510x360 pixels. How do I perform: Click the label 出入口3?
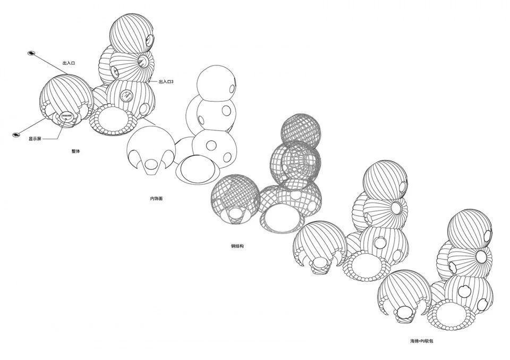coord(166,82)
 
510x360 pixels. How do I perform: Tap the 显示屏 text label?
coord(35,139)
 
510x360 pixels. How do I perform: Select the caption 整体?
coord(76,151)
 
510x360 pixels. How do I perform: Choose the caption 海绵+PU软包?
coord(422,341)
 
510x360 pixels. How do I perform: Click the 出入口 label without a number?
coord(69,63)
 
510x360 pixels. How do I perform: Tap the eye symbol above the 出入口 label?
coord(31,53)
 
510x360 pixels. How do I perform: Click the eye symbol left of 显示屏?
coord(15,135)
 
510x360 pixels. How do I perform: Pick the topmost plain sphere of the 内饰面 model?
coord(216,83)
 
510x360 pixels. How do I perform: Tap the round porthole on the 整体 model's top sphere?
coord(150,40)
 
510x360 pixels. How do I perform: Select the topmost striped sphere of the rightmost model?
coord(470,229)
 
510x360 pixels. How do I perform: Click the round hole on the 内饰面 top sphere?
coord(232,88)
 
